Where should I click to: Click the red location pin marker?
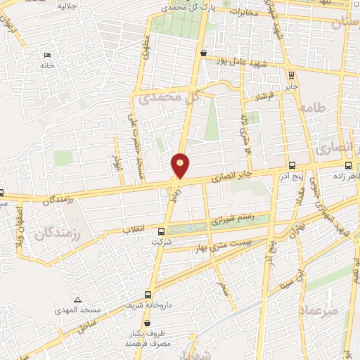click(x=181, y=166)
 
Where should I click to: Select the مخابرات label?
click(x=240, y=12)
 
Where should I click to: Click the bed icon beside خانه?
click(x=47, y=56)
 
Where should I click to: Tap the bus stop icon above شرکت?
click(x=162, y=231)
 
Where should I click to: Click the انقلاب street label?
click(x=134, y=229)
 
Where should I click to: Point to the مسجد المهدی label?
click(x=79, y=309)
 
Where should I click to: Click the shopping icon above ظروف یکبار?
click(x=147, y=322)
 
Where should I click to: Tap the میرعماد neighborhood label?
click(x=318, y=309)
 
